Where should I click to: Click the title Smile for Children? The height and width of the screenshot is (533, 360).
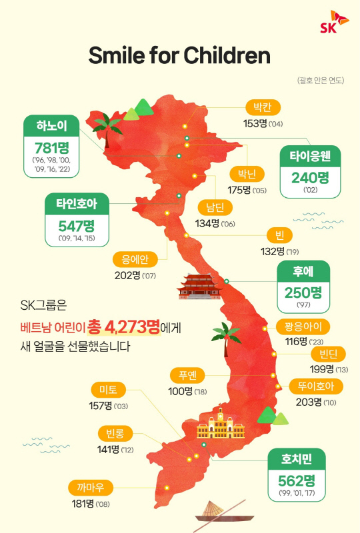(179, 55)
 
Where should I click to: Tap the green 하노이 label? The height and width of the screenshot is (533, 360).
(52, 125)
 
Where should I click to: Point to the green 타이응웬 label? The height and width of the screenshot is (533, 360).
(310, 157)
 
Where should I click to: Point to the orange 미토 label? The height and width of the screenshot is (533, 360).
(108, 390)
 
